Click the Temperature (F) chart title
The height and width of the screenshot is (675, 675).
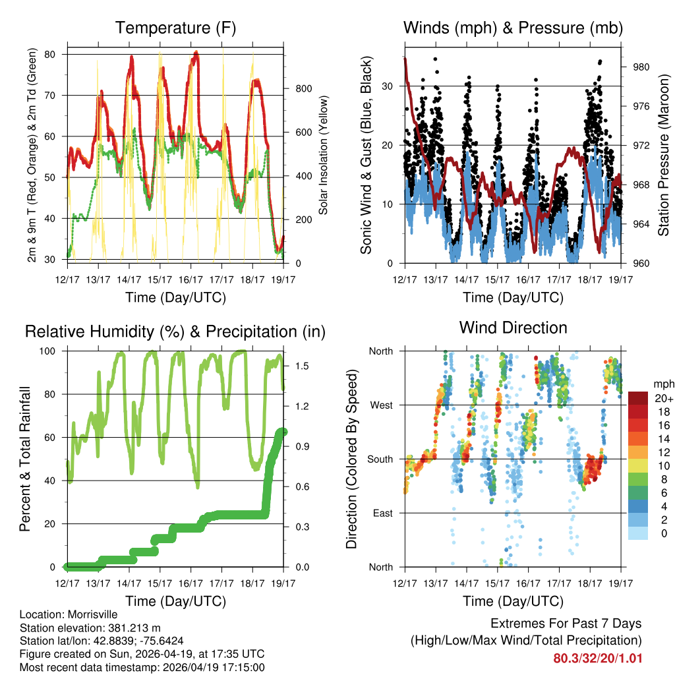[x=175, y=28]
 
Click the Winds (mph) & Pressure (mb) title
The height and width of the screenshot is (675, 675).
[x=513, y=28]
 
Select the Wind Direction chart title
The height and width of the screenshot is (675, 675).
[x=513, y=328]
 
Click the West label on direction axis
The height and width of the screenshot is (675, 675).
[x=381, y=405]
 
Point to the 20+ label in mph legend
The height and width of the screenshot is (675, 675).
[x=662, y=398]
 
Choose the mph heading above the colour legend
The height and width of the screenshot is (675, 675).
[x=661, y=384]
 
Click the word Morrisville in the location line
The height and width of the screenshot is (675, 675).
[x=90, y=614]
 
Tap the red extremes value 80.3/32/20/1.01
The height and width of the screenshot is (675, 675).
[x=597, y=659]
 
